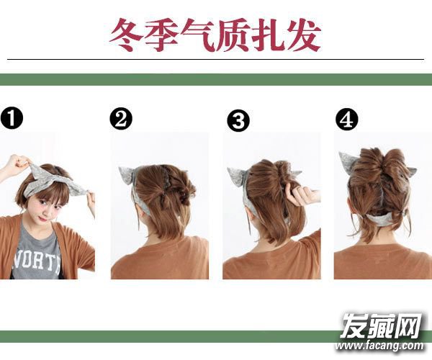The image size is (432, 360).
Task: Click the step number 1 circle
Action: coord(12,118)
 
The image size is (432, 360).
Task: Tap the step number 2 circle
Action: coord(121,120)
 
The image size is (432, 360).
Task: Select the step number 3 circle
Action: coord(238,121)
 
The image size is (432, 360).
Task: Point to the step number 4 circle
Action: coord(347,120)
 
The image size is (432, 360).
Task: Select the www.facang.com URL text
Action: coord(379,345)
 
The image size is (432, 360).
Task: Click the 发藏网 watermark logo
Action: coord(382,325)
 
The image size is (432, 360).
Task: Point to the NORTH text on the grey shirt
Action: coord(37,261)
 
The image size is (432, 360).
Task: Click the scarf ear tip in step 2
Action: coord(120,168)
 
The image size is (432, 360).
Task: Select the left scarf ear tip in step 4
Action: coord(341,153)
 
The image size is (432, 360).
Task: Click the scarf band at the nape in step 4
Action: coord(383,220)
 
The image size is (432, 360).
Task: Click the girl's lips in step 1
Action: coord(42,218)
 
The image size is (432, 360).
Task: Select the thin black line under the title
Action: coord(216,59)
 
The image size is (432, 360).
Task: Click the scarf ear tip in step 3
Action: coord(229,168)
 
